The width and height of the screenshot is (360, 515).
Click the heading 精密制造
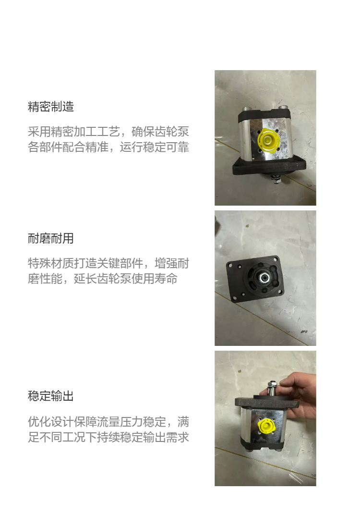[x=51, y=107]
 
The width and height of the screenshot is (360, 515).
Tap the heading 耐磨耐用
[x=51, y=238]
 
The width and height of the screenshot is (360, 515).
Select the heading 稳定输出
[x=51, y=396]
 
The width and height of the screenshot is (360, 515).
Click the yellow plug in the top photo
[x=268, y=142]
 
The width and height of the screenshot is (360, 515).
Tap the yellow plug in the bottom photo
[x=265, y=427]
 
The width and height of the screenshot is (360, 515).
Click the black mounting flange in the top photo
[x=269, y=167]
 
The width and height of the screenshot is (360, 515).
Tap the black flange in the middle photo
[x=254, y=279]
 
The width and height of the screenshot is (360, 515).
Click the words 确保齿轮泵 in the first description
[x=160, y=132]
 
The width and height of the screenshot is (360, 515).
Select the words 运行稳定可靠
[x=154, y=147]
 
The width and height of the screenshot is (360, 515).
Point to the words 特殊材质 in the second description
[x=51, y=264]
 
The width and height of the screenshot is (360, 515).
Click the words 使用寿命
[x=154, y=279]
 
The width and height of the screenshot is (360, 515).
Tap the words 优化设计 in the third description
[x=51, y=422]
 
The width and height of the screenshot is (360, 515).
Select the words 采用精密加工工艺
[x=74, y=132]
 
